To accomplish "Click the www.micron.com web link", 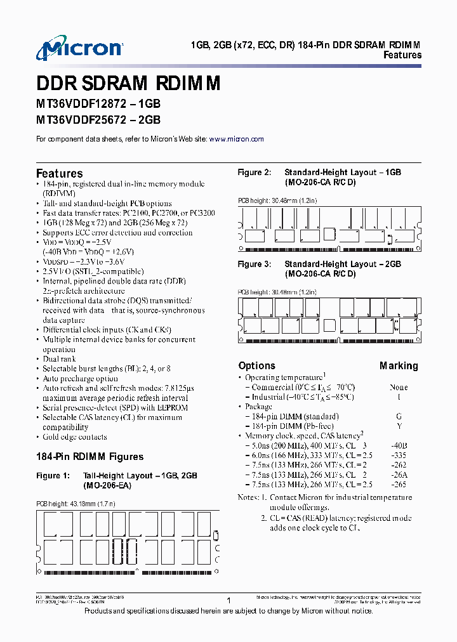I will pyautogui.click(x=236, y=139).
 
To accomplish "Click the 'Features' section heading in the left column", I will pyautogui.click(x=59, y=173).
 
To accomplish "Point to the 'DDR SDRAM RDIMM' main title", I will pyautogui.click(x=128, y=84).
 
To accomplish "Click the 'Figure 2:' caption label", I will pyautogui.click(x=254, y=173).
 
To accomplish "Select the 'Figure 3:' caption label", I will pyautogui.click(x=254, y=264).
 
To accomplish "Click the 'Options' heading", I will pyautogui.click(x=256, y=365).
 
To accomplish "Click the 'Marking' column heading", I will pyautogui.click(x=399, y=365).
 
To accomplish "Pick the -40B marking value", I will pyautogui.click(x=399, y=446).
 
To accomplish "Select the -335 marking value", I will pyautogui.click(x=399, y=455).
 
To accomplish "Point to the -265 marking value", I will pyautogui.click(x=399, y=485).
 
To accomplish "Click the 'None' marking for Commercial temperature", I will pyautogui.click(x=399, y=387).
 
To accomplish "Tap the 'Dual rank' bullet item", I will pyautogui.click(x=59, y=359).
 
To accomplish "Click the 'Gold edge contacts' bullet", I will pyautogui.click(x=74, y=436).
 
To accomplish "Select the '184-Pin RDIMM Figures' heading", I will pyautogui.click(x=89, y=457).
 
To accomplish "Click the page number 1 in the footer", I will pyautogui.click(x=228, y=599).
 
